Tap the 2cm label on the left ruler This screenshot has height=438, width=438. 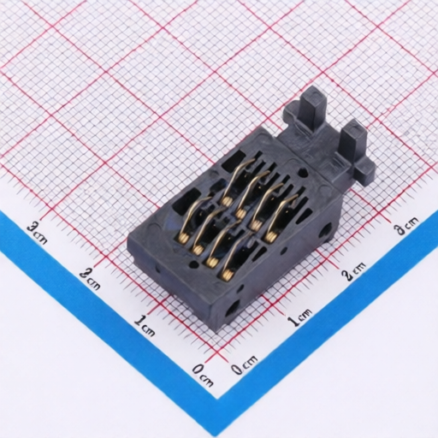click(x=90, y=278)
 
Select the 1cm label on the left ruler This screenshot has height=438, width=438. click(x=145, y=325)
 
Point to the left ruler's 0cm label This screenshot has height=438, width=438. click(x=202, y=376)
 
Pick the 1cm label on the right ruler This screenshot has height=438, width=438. click(x=299, y=317)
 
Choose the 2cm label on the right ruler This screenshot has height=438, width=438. click(x=354, y=271)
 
